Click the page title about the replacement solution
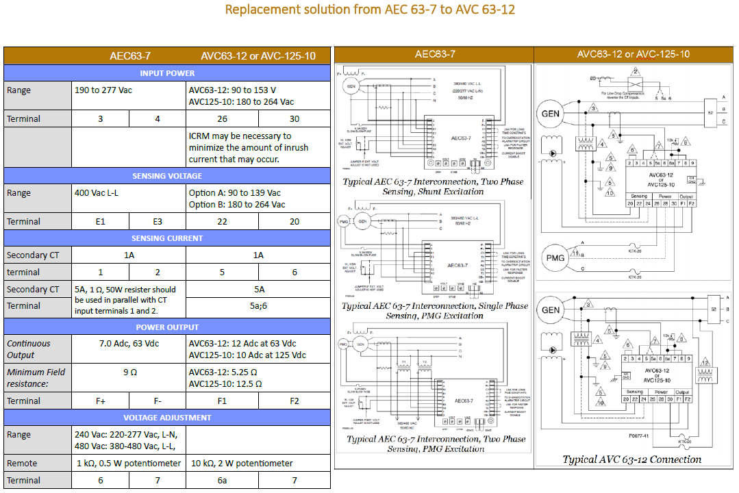(370, 10)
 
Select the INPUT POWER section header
(167, 73)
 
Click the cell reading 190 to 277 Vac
(103, 90)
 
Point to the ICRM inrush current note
(248, 148)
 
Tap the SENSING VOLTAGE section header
(167, 176)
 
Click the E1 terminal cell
(100, 222)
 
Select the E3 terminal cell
(158, 222)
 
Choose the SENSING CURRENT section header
(167, 238)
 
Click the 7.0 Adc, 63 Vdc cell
(129, 344)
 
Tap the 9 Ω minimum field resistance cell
(129, 372)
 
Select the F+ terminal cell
(100, 401)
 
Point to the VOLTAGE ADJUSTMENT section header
(167, 418)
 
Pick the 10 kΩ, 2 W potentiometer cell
(242, 464)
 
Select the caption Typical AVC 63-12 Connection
(631, 459)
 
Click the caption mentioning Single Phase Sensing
(435, 311)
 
